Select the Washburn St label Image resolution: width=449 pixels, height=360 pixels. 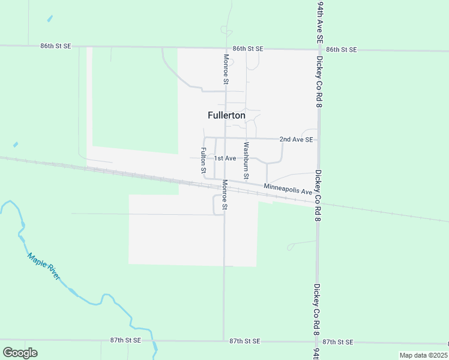click(246, 160)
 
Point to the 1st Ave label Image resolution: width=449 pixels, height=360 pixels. click(226, 158)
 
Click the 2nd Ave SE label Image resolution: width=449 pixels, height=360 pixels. click(296, 139)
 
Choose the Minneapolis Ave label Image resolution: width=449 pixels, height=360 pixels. click(288, 189)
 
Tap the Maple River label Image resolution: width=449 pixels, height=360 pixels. click(44, 266)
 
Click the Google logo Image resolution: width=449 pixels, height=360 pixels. click(20, 353)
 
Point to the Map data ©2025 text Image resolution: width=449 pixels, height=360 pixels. click(423, 355)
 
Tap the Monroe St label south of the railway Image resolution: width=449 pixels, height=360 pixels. click(224, 195)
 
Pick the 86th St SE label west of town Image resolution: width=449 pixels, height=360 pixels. click(56, 46)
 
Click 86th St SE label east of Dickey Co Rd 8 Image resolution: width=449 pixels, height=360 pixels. click(342, 49)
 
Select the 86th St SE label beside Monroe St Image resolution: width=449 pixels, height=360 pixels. click(248, 48)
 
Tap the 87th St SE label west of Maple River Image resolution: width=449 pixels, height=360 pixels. click(125, 340)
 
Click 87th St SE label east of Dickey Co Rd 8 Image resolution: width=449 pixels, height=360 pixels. click(338, 341)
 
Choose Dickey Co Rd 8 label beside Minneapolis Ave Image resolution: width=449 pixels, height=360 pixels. click(318, 196)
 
